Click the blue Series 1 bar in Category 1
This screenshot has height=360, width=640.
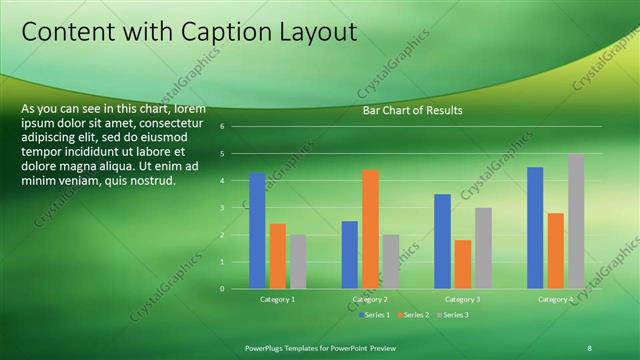pos(257,231)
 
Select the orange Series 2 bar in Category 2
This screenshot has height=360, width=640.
pos(370,229)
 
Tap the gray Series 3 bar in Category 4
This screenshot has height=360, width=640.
pos(575,221)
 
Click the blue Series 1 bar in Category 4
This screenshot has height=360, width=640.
pos(535,228)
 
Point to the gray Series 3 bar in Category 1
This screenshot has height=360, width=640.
pos(297,262)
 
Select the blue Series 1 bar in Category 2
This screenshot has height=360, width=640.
pos(350,255)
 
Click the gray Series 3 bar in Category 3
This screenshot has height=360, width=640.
pos(483,248)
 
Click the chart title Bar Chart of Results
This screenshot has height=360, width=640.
pos(412,110)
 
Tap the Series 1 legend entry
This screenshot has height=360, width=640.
pos(375,314)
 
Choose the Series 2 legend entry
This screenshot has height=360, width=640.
pos(414,314)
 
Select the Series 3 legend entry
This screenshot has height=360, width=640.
pos(452,314)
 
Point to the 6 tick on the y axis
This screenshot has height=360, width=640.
pos(236,127)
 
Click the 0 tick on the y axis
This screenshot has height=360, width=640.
pos(236,289)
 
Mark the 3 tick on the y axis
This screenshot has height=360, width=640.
pos(236,208)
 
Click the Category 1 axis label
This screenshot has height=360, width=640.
pos(278,299)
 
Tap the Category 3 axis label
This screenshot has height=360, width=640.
pos(463,299)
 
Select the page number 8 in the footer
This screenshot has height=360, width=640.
pos(589,347)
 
